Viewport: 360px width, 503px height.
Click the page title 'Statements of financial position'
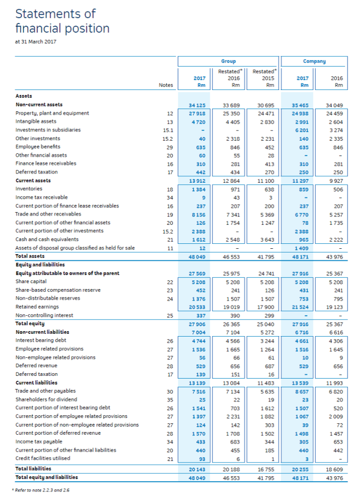(62, 21)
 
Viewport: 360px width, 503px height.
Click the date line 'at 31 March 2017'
(36, 41)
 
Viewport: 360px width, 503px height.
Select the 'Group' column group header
(228, 61)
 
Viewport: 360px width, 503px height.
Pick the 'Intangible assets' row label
(36, 121)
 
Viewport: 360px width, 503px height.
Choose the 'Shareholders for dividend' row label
(46, 399)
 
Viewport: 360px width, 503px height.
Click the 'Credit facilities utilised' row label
(45, 458)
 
